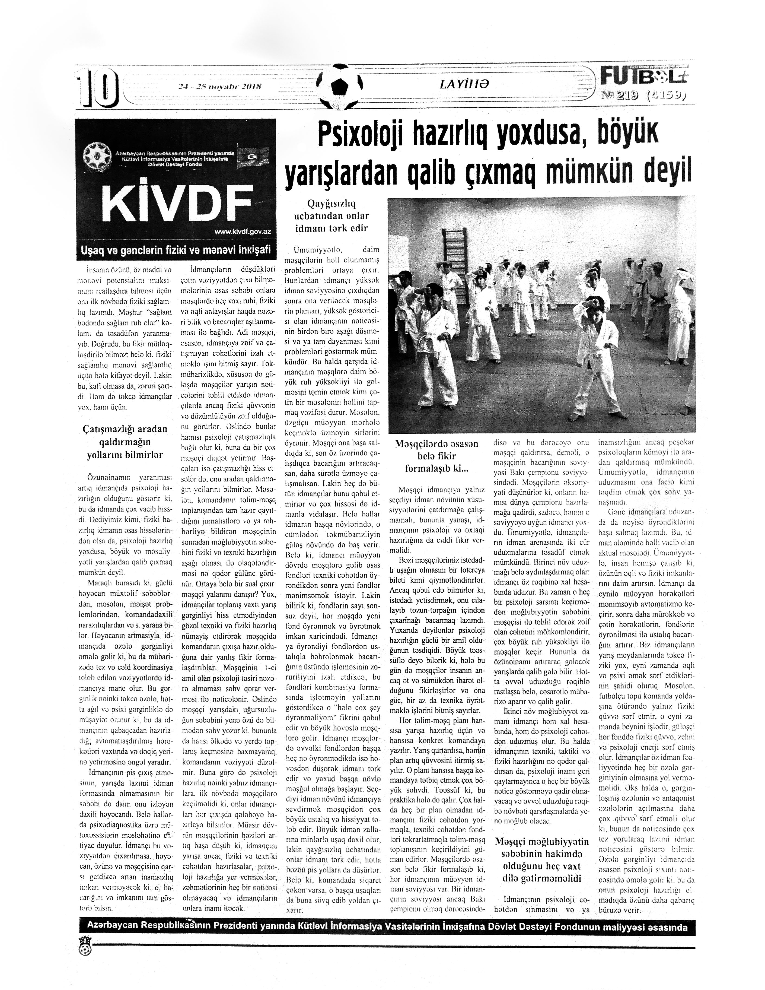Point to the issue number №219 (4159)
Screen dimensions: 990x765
[x=643, y=95]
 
